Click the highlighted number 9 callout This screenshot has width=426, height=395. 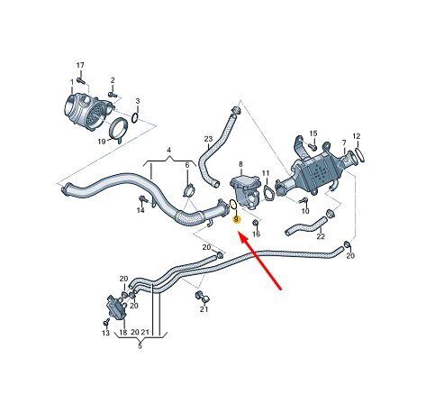(x=237, y=220)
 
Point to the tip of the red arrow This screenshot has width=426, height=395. (x=239, y=232)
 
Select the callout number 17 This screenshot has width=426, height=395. (x=80, y=65)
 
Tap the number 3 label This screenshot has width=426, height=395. (x=138, y=100)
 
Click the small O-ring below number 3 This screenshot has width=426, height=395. (x=135, y=118)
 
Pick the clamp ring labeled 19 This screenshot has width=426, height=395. (x=117, y=130)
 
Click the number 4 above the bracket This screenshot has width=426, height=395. (x=168, y=150)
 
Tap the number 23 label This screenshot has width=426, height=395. (x=208, y=139)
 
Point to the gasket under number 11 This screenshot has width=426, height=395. (x=267, y=193)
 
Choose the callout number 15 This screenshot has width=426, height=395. (x=313, y=133)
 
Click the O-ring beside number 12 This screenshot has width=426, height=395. (x=359, y=154)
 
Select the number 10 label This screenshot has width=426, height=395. (x=305, y=211)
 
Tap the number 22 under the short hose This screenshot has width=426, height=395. (x=321, y=236)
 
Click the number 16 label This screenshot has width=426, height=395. (x=256, y=234)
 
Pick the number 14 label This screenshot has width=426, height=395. (x=140, y=210)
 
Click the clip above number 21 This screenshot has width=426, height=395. (x=203, y=296)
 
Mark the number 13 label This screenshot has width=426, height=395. (x=105, y=333)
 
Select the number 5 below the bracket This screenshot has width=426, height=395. (x=140, y=346)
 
